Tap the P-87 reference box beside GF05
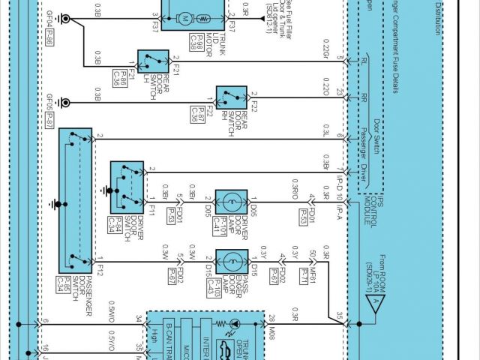(49, 121)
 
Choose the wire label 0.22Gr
(325, 52)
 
